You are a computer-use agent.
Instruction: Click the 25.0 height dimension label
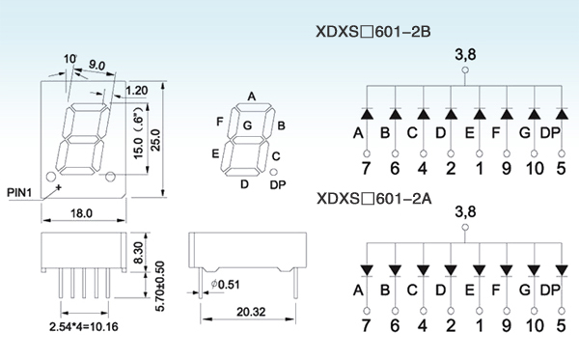[155, 140]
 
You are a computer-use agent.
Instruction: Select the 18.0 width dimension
[81, 213]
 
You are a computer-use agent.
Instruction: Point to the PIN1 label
[19, 192]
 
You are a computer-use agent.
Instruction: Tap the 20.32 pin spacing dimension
[251, 312]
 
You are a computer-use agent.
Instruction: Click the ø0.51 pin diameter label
[225, 285]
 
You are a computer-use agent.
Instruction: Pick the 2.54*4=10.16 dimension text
[84, 327]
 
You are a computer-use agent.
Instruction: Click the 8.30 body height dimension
[138, 253]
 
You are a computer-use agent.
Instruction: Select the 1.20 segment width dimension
[137, 91]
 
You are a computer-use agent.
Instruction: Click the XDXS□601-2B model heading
[373, 32]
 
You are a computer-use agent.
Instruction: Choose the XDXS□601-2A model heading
[374, 199]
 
